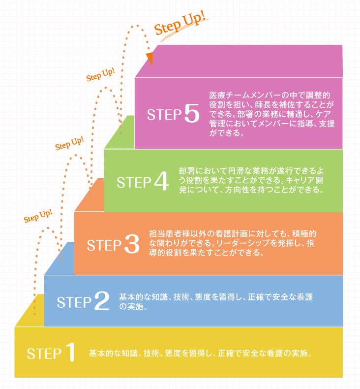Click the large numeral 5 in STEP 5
[192, 113]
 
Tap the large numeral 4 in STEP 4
[161, 181]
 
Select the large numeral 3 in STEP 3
[132, 244]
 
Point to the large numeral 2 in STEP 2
[102, 301]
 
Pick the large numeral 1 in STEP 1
[70, 352]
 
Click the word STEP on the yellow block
[44, 354]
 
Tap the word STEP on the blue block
[74, 302]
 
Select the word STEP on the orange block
[104, 245]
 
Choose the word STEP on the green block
[134, 183]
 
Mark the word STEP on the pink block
[164, 115]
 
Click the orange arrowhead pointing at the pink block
[150, 59]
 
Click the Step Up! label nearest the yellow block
[38, 216]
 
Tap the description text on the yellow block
[200, 353]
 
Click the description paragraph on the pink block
[272, 114]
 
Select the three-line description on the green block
[251, 180]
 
